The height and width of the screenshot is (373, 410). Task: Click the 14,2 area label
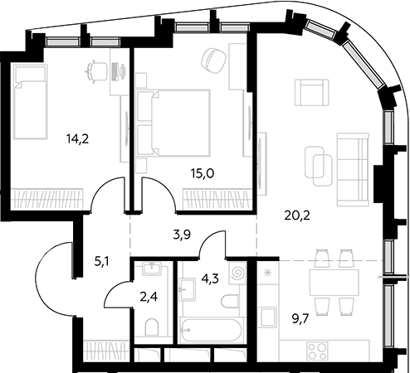77,138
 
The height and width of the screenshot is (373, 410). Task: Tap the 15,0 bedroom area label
203,173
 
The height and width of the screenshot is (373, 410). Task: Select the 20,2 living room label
297,216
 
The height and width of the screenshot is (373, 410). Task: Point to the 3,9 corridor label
182,235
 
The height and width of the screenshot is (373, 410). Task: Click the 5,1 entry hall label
101,261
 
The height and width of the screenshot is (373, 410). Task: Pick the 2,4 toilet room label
149,297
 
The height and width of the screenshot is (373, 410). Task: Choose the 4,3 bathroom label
210,279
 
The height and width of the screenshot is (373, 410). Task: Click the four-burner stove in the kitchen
318,351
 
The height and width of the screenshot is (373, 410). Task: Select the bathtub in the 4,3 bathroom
212,330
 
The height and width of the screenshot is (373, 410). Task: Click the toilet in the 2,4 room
152,327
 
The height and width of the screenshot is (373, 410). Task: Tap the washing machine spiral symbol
237,273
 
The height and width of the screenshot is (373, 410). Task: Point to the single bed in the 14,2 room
31,102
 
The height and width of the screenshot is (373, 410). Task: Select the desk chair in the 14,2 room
96,71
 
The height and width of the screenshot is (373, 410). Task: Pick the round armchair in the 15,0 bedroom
214,61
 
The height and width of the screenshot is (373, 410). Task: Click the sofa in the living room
353,170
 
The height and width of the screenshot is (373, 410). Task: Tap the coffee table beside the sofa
318,166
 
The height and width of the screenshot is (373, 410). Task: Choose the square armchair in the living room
312,92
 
